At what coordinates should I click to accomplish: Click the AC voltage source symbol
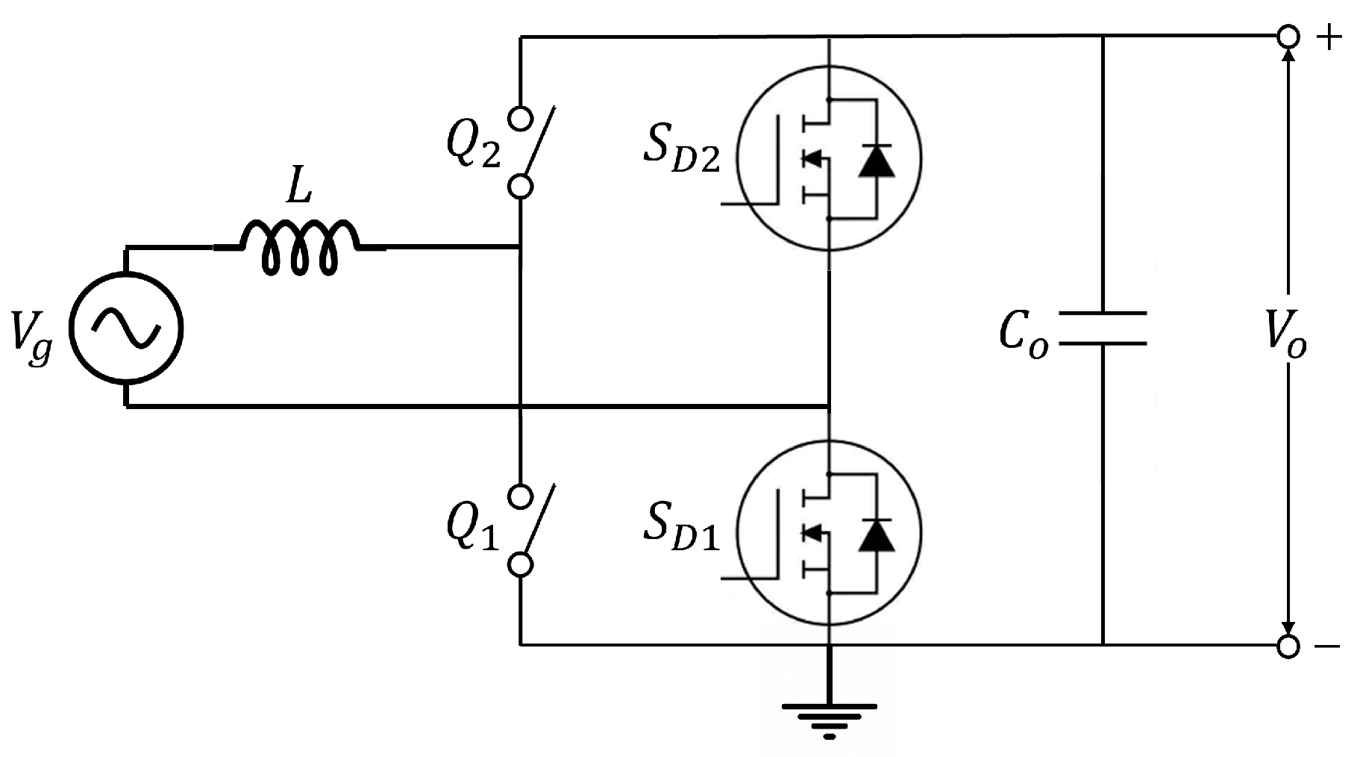(x=126, y=328)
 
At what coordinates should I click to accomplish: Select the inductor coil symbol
(x=299, y=246)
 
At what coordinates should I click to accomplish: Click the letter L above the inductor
(x=298, y=190)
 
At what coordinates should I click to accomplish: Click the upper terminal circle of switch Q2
(x=521, y=118)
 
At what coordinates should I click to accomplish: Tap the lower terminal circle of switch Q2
(x=521, y=187)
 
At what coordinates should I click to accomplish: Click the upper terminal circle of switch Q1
(x=521, y=496)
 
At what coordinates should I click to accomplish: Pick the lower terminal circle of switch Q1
(x=521, y=565)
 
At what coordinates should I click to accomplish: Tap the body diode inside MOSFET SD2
(x=876, y=161)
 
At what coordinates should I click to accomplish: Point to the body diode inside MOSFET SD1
(x=876, y=535)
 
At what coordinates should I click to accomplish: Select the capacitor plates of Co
(x=1102, y=328)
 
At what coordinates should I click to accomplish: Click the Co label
(x=1023, y=334)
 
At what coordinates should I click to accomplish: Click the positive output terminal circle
(x=1288, y=37)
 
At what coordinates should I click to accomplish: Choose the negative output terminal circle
(x=1288, y=647)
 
